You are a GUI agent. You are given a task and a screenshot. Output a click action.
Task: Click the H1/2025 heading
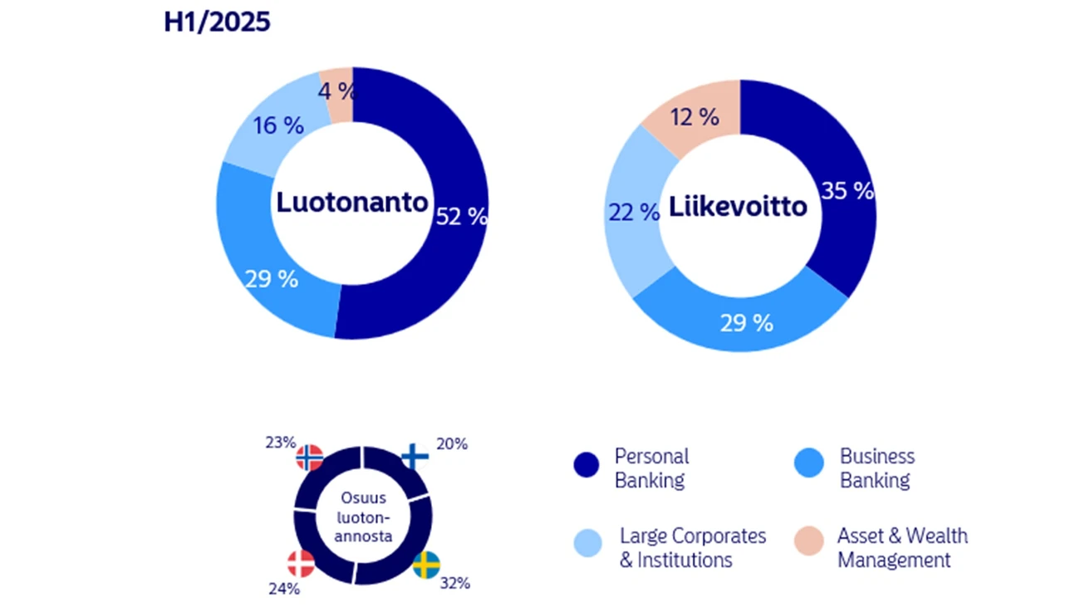pos(217,22)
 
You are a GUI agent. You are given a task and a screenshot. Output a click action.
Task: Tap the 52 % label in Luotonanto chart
pos(461,216)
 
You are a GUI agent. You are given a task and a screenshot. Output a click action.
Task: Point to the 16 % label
pos(277,126)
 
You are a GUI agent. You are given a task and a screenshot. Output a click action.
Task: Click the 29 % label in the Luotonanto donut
pos(272,279)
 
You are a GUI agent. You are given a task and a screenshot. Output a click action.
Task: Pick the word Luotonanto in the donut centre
pos(352,203)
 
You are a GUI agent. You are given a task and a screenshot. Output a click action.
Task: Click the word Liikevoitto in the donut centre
pos(738,205)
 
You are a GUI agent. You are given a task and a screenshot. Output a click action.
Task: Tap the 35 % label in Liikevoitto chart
pos(847,191)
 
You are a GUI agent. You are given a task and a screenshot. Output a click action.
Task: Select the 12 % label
pos(694,118)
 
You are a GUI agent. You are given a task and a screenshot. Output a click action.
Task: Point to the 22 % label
pos(633,213)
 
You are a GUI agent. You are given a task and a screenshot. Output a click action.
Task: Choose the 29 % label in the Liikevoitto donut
pos(747,323)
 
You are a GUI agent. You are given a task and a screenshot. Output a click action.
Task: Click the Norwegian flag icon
pos(310,458)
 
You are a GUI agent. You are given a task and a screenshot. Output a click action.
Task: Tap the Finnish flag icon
pos(414,456)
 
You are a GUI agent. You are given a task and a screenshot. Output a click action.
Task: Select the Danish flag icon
pos(301,564)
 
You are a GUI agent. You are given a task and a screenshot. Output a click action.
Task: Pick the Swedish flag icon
pos(426,565)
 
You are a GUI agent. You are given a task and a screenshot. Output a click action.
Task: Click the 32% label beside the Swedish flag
pos(455,583)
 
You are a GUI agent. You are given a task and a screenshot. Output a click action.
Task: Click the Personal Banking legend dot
pos(586,465)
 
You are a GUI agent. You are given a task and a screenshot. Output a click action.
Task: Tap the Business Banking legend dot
pos(810,463)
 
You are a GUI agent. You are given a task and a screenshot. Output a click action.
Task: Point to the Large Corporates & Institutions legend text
pos(692,547)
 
